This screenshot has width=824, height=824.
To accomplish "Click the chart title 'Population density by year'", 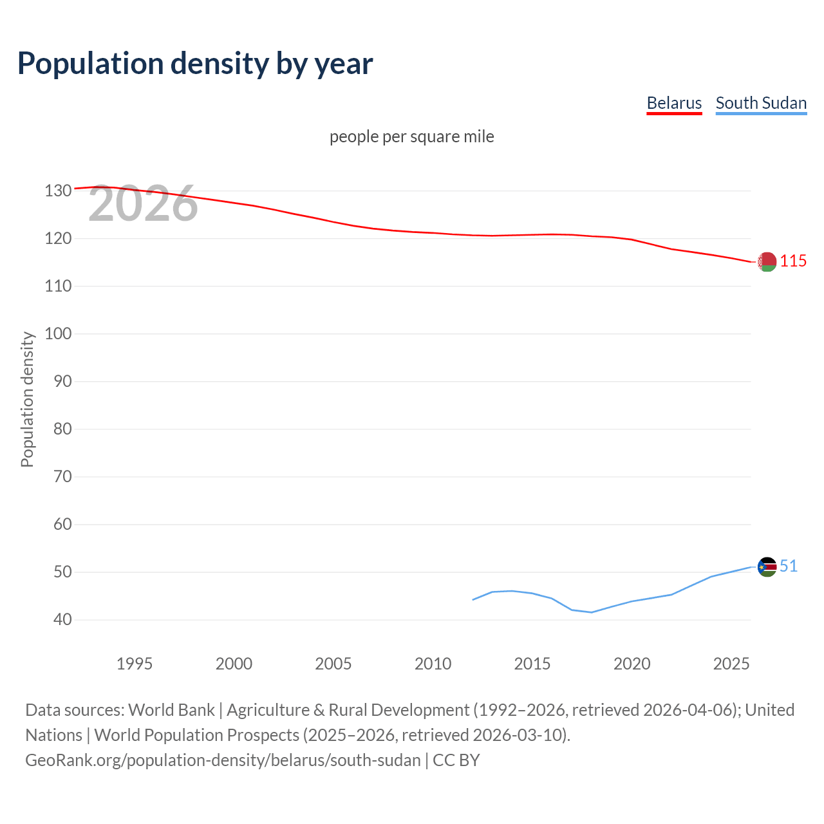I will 195,63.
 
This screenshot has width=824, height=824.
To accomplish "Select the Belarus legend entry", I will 674,103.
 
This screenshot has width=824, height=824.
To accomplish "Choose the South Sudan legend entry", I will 761,103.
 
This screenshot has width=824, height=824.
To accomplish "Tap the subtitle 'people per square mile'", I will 411,136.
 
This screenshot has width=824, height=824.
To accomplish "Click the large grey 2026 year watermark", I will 143,203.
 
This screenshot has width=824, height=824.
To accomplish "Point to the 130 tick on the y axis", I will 58,191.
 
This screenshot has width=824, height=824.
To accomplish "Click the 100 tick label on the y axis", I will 58,333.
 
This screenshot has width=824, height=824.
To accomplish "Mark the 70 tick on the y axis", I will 62,476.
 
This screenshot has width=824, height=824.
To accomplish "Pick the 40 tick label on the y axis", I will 62,619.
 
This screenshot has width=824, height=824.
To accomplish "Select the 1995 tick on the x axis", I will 134,664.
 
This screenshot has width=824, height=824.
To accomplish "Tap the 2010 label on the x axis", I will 433,664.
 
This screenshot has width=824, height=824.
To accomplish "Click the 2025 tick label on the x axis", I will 731,664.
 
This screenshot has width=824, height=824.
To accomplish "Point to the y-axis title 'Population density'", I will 27,399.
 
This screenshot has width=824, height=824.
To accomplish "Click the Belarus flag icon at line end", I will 767,262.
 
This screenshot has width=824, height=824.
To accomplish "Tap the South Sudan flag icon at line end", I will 767,567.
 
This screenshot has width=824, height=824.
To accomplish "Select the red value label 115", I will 793,261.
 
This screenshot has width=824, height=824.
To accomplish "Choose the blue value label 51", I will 789,566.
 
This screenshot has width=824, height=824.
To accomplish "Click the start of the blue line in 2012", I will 473,599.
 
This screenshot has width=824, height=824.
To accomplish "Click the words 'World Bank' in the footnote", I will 171,710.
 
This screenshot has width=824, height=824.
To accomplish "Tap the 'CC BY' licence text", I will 456,760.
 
